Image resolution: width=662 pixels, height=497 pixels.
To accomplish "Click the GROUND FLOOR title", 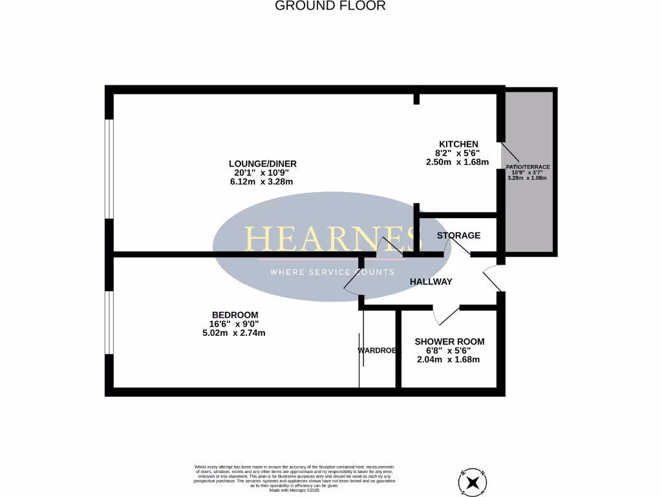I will [330, 6].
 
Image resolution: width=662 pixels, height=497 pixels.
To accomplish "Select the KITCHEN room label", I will [458, 144].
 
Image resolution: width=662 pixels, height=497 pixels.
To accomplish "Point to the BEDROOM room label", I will [233, 315].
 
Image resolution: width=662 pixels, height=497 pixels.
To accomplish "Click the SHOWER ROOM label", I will [449, 341].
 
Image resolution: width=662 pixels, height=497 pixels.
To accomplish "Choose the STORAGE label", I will [458, 235].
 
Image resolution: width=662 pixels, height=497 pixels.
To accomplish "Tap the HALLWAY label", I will [431, 282].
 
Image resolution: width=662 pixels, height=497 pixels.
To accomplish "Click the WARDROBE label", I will [379, 350].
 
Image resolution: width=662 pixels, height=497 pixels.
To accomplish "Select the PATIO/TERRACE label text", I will [528, 167].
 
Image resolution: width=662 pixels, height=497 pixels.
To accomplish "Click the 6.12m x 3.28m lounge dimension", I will [257, 182].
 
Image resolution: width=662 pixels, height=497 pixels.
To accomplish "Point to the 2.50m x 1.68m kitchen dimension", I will [457, 162].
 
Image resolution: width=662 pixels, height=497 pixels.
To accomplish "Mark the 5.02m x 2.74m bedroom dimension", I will [233, 333].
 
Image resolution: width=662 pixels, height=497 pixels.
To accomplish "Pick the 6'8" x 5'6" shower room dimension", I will [449, 350].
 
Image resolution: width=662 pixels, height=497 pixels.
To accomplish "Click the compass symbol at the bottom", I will [475, 481].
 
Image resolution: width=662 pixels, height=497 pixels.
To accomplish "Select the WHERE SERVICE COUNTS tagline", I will [332, 272].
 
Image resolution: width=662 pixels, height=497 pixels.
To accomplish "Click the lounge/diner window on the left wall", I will [109, 169].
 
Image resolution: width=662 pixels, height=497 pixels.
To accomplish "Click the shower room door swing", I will [447, 314].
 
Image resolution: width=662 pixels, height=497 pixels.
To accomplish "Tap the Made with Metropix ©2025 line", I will [295, 490].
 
